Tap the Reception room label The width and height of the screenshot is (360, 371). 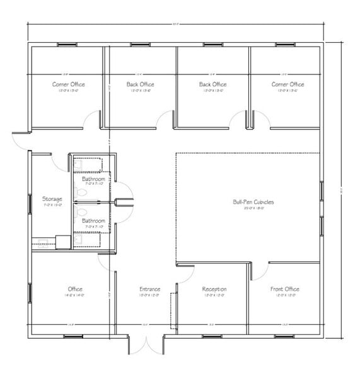tap(214, 289)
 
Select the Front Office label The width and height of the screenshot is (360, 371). tap(284, 289)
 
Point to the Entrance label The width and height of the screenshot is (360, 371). tap(149, 289)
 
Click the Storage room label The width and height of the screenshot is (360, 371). tap(52, 199)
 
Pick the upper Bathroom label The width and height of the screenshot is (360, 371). tap(93, 179)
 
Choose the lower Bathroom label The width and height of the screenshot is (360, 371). tap(93, 221)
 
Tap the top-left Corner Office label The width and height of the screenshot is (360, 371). tap(68, 84)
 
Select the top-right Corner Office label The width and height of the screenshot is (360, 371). tap(287, 84)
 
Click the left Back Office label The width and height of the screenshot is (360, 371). tap(140, 84)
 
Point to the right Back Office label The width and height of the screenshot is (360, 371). tap(212, 84)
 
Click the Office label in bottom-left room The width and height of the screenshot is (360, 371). tap(75, 289)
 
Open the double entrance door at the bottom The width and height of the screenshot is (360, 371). tap(146, 344)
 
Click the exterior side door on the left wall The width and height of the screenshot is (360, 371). tap(20, 141)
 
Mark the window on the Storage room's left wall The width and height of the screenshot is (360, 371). tap(30, 203)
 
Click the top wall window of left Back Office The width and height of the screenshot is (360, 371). tap(140, 44)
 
